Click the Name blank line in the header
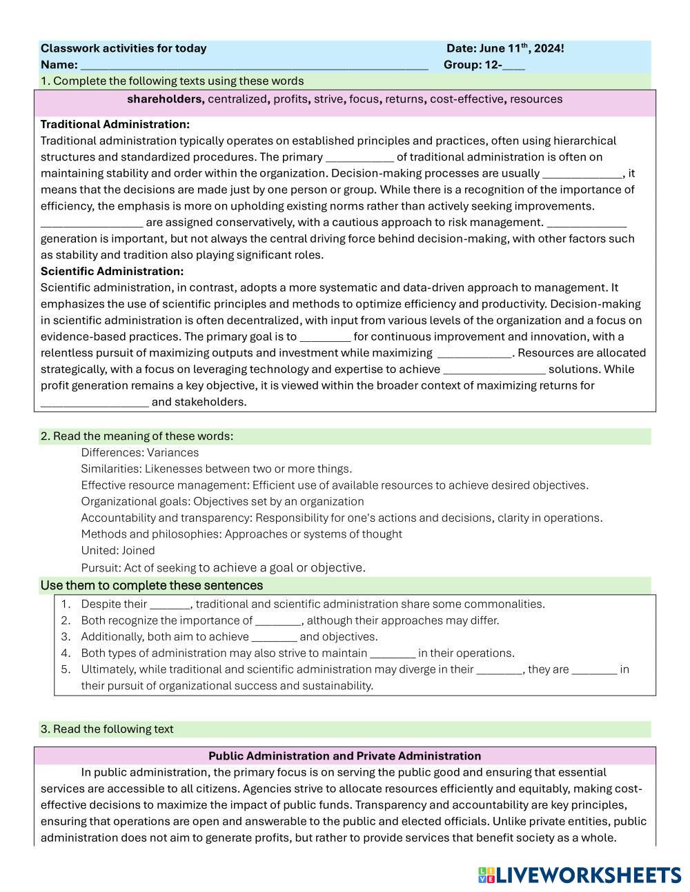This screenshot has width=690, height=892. [x=254, y=65]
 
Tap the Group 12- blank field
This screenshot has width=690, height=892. [x=514, y=65]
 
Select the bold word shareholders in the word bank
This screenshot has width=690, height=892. [x=165, y=99]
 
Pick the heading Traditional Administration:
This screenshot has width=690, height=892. [x=115, y=125]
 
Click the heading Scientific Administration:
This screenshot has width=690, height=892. [x=112, y=272]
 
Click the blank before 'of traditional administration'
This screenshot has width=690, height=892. [x=359, y=157]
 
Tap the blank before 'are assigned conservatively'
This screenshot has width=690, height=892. [x=92, y=223]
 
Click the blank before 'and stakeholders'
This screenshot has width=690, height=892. [x=95, y=403]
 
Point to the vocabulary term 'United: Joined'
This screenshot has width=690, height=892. [x=118, y=551]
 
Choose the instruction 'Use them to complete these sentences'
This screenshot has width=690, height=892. [x=151, y=585]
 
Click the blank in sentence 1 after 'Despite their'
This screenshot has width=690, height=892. [x=170, y=605]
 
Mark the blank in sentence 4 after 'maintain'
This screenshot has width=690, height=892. [x=393, y=653]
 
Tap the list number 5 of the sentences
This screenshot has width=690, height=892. [x=66, y=669]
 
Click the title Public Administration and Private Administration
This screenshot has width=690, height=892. [x=344, y=756]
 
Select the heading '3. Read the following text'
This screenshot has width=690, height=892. [x=107, y=729]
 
